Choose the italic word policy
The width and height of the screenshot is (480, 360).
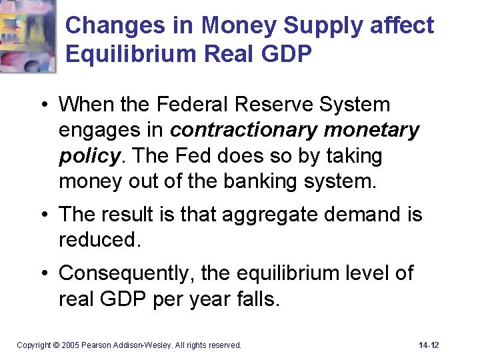89,156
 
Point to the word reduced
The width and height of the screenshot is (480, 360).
99,240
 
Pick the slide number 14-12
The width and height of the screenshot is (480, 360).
429,345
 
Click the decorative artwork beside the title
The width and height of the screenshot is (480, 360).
28,35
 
